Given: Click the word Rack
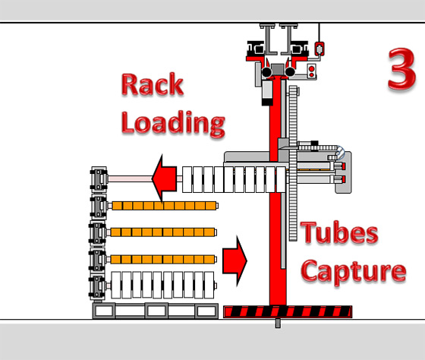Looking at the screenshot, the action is point(153,84).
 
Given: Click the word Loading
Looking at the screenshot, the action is point(173,124).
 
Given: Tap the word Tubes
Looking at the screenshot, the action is point(339,232).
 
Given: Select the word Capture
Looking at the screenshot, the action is point(354,272).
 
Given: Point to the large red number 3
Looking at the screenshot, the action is point(401,68).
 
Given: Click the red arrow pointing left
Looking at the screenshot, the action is point(165,178).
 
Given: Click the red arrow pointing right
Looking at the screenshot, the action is point(235,261).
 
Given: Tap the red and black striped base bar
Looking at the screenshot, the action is point(288,311).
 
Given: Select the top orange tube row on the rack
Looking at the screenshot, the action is point(164,206).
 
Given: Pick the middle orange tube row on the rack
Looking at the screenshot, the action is point(163,232).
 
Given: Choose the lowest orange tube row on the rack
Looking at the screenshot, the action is point(163,259).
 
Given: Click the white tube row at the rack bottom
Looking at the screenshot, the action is point(162,285).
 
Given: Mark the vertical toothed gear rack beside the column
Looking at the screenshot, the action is point(293,163).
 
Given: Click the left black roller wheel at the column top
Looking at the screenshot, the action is point(266,72).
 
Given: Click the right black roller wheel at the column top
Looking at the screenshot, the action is point(290,72).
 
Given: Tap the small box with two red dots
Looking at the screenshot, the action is point(312,71).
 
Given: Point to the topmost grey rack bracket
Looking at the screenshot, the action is point(99,179).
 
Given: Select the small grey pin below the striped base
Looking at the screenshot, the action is point(278,323).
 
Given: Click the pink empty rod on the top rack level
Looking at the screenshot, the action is point(130,178).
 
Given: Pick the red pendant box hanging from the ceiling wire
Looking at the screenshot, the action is point(320,49).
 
